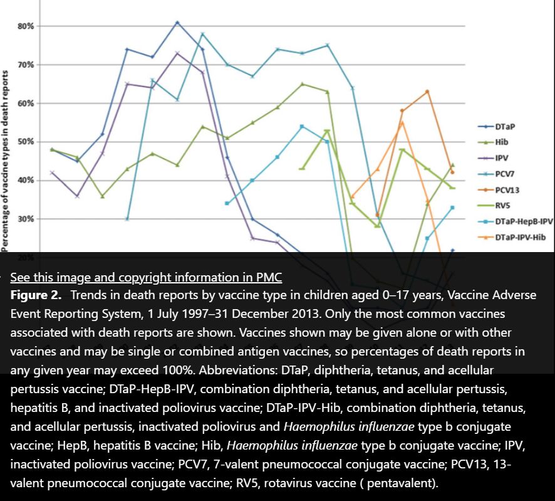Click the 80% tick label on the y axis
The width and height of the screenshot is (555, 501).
[x=25, y=26]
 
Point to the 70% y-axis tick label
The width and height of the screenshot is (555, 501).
[x=25, y=65]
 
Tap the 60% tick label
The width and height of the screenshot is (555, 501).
[x=25, y=103]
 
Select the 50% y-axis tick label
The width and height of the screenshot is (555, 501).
[x=25, y=142]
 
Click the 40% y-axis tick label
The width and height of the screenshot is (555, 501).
[x=25, y=181]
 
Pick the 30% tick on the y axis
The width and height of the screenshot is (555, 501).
[x=25, y=219]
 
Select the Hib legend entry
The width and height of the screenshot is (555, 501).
[x=502, y=142]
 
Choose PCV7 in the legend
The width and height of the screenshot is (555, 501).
[x=506, y=174]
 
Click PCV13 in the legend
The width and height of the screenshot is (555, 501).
[x=507, y=189]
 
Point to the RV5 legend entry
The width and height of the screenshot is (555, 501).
[x=504, y=206]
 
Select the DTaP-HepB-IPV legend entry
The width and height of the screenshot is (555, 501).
[x=524, y=221]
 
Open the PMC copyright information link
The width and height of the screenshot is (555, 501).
[x=146, y=277]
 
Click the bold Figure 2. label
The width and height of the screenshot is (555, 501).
[x=36, y=295]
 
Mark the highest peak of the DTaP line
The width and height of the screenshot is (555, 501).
[x=177, y=23]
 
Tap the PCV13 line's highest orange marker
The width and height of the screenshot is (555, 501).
[x=427, y=92]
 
